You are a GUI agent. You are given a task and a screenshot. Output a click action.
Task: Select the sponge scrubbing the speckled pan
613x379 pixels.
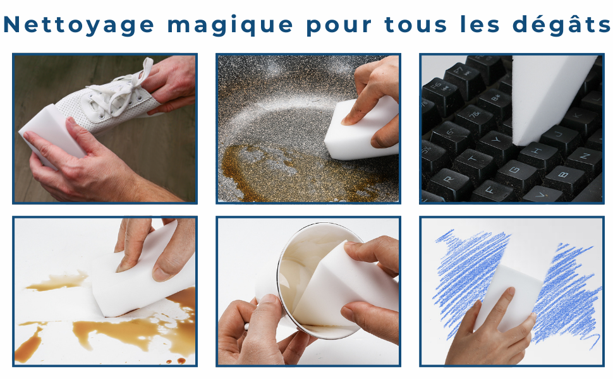[360, 129]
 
